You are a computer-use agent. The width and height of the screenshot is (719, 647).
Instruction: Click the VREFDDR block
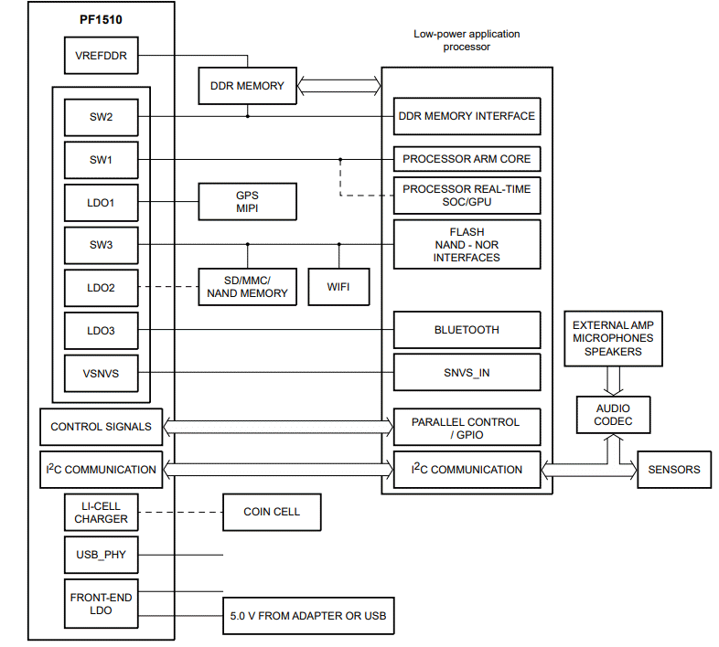[x=101, y=56]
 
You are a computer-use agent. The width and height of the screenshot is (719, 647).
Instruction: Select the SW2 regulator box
[x=101, y=116]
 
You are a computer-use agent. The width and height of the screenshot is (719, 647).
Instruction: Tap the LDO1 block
[x=101, y=202]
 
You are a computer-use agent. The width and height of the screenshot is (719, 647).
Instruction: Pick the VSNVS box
[x=101, y=372]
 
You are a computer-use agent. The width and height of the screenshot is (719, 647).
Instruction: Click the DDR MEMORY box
[x=248, y=86]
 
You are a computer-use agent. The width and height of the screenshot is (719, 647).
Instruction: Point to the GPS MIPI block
[x=248, y=201]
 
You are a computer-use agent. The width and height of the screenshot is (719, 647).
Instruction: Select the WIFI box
[x=338, y=287]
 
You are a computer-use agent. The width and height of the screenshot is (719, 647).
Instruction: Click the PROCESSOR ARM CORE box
[x=467, y=159]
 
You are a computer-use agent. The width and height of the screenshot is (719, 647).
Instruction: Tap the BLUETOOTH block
[x=467, y=329]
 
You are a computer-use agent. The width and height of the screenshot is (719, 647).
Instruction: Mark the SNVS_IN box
[x=467, y=372]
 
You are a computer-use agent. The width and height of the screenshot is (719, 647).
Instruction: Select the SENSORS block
[x=674, y=469]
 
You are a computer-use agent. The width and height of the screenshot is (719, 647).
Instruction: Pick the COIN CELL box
[x=272, y=512]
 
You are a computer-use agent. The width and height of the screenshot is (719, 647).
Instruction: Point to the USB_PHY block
[x=101, y=555]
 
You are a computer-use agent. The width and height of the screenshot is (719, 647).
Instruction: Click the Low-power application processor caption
[x=466, y=40]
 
